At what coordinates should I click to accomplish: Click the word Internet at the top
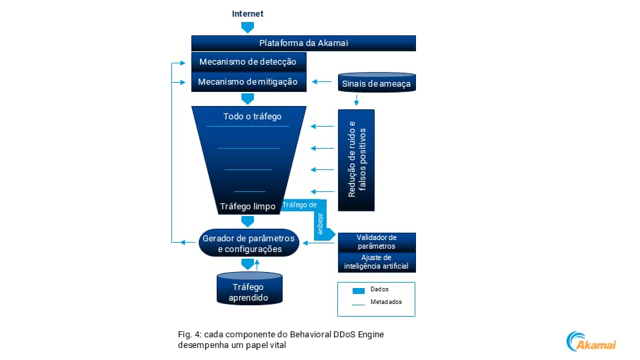tap(247, 13)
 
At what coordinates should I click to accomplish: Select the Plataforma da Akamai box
tap(303, 43)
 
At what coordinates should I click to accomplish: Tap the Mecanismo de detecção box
tap(249, 62)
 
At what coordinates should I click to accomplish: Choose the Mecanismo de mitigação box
tap(249, 82)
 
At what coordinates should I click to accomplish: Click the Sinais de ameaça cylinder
tap(377, 83)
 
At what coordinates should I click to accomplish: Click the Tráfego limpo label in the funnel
tap(247, 207)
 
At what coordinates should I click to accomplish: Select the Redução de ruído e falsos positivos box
tap(356, 160)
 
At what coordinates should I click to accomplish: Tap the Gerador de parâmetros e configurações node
tap(249, 244)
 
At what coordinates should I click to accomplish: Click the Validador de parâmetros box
tap(377, 241)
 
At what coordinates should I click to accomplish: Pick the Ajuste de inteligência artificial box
tap(377, 262)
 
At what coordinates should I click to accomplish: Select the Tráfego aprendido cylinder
tap(249, 292)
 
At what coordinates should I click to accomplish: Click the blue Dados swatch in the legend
tap(359, 291)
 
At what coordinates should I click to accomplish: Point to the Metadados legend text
tap(386, 302)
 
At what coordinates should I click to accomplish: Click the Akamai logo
tap(591, 341)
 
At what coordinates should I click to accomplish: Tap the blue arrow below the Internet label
tap(247, 27)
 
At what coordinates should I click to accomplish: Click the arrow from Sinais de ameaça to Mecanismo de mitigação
tap(323, 82)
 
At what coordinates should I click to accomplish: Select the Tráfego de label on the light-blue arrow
tap(299, 205)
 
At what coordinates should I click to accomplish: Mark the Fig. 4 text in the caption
tap(189, 333)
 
